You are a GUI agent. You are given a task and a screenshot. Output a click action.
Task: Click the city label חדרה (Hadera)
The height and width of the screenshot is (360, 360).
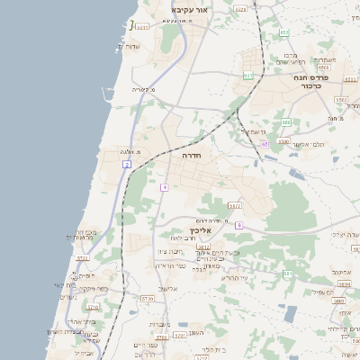[x=191, y=155]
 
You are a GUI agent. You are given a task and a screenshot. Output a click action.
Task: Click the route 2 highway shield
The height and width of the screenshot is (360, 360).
[x=127, y=165]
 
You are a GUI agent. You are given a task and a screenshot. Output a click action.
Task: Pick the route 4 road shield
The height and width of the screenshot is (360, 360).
[x=165, y=187]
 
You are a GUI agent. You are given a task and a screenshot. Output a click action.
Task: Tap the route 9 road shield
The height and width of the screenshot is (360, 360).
[x=238, y=225]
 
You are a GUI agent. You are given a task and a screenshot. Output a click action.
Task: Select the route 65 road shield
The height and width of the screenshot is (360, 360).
[x=265, y=144]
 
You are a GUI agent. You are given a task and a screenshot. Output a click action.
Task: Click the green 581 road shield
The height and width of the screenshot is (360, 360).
[x=287, y=273]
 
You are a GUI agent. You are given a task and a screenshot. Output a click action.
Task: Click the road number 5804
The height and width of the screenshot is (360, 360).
[x=344, y=283]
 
